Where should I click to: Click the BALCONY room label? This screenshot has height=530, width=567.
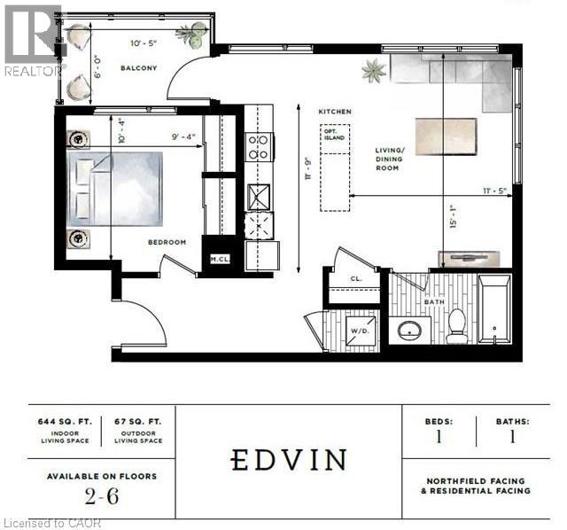(139, 67)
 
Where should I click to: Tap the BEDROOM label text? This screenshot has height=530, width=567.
(167, 242)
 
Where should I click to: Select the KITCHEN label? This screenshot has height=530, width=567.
(336, 112)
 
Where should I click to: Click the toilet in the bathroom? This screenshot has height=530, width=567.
(457, 325)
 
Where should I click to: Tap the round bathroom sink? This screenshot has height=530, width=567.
(409, 331)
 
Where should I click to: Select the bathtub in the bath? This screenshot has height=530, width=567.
(494, 309)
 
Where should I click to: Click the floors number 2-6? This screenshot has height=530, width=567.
(101, 495)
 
